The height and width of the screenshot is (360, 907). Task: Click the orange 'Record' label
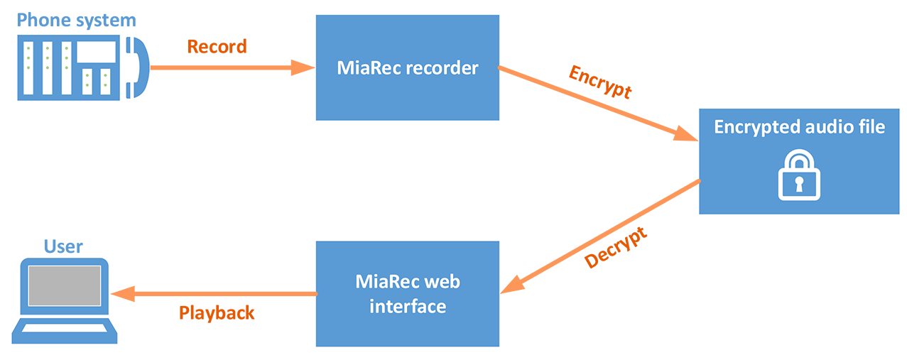217,47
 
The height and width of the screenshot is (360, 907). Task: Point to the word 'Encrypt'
600,82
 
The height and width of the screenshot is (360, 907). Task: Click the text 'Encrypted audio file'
800,127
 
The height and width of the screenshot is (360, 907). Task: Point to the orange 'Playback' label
217,312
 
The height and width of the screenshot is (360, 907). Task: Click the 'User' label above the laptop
63,246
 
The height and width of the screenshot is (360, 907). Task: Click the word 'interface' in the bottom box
408,306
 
